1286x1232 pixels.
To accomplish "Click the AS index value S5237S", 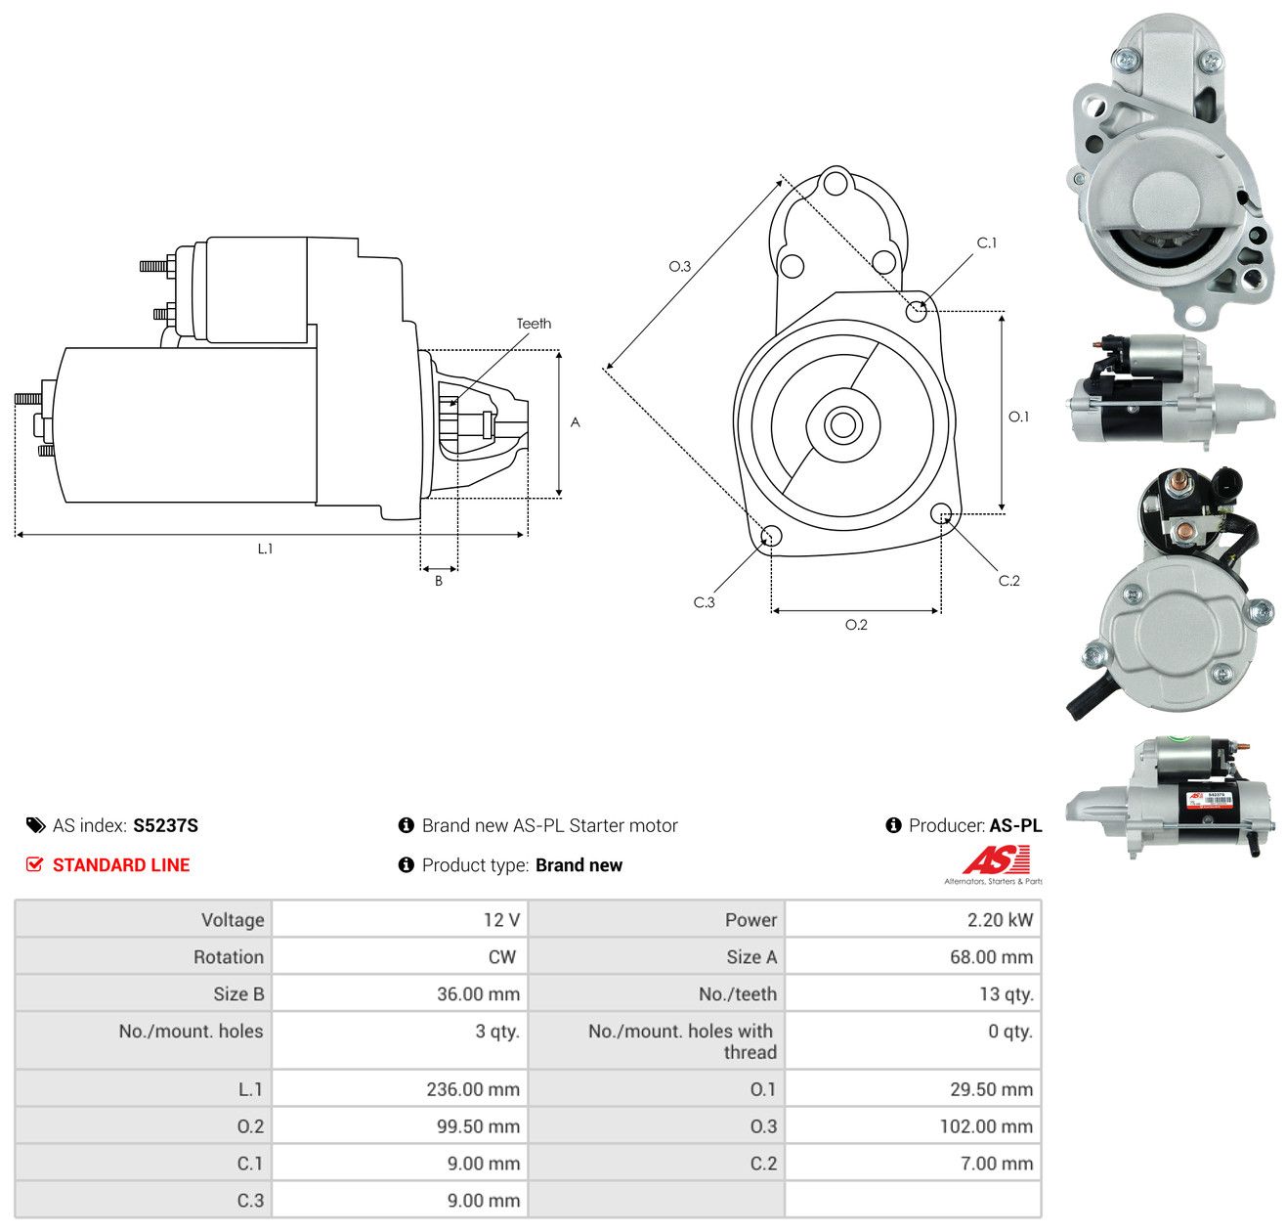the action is (165, 825).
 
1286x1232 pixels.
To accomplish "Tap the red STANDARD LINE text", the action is (121, 865).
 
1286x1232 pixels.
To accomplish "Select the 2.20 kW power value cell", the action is (913, 919).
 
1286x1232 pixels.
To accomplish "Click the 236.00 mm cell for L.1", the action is (400, 1089).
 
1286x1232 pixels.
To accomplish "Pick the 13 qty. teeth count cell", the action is (913, 994).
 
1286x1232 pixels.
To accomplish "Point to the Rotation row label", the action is (228, 957).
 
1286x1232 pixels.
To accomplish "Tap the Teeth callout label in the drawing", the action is (534, 324).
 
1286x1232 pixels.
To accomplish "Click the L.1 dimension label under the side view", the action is (265, 549).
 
